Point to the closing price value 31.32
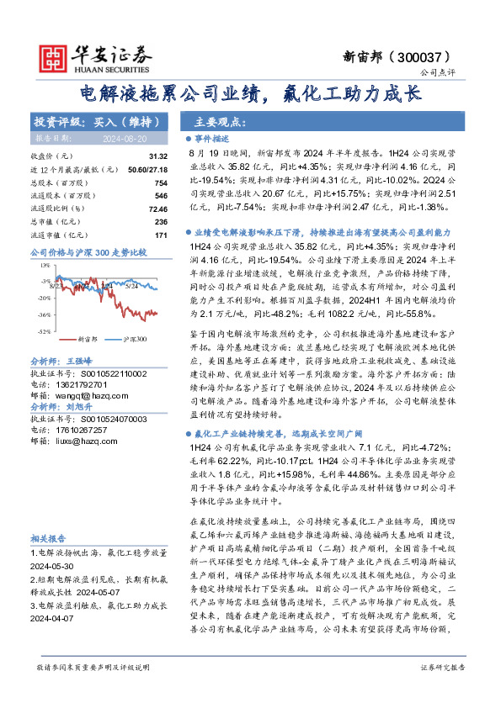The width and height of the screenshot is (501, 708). pos(158,157)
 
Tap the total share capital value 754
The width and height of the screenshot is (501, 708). pos(162,182)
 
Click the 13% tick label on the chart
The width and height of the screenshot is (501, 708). pos(42,266)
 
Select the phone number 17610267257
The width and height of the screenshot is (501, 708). pos(84,430)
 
